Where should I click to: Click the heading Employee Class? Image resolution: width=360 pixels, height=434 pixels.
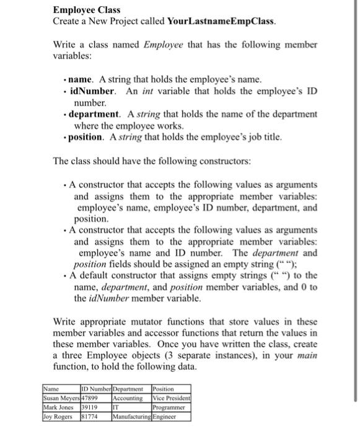tap(77, 10)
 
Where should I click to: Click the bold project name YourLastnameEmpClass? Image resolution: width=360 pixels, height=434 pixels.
tap(221, 21)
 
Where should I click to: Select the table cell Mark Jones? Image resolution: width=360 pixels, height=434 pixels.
tap(58, 407)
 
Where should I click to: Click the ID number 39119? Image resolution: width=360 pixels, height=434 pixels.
tap(91, 407)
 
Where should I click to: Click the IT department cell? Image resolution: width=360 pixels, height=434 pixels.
tap(116, 407)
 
